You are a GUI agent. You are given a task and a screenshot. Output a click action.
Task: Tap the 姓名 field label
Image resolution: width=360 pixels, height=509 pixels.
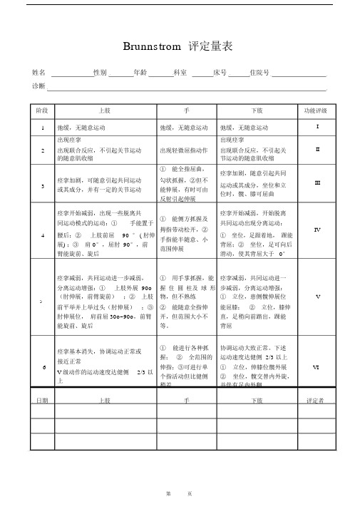click(x=40, y=73)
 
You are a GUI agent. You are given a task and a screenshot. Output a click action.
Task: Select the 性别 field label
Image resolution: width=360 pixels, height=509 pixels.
click(x=100, y=73)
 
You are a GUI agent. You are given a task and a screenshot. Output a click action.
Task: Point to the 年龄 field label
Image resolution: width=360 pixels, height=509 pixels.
click(x=140, y=73)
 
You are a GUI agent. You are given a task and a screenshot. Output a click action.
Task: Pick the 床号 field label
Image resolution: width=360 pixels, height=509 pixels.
click(x=220, y=73)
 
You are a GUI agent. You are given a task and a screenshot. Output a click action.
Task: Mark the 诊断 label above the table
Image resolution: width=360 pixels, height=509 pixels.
click(x=39, y=86)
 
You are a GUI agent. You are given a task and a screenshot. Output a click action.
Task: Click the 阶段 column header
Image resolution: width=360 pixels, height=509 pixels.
click(x=42, y=111)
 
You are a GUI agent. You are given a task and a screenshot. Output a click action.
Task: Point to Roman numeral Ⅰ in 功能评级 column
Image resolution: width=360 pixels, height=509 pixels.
click(x=318, y=127)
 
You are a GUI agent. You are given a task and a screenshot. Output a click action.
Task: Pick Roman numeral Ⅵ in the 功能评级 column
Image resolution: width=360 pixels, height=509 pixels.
click(x=317, y=366)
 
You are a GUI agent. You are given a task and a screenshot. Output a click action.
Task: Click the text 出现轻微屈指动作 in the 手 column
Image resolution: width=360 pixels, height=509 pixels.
click(x=183, y=150)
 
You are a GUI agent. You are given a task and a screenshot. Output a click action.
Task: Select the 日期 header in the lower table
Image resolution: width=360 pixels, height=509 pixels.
click(x=42, y=401)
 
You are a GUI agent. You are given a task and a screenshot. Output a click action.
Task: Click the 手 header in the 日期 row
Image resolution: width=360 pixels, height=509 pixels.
click(x=185, y=401)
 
